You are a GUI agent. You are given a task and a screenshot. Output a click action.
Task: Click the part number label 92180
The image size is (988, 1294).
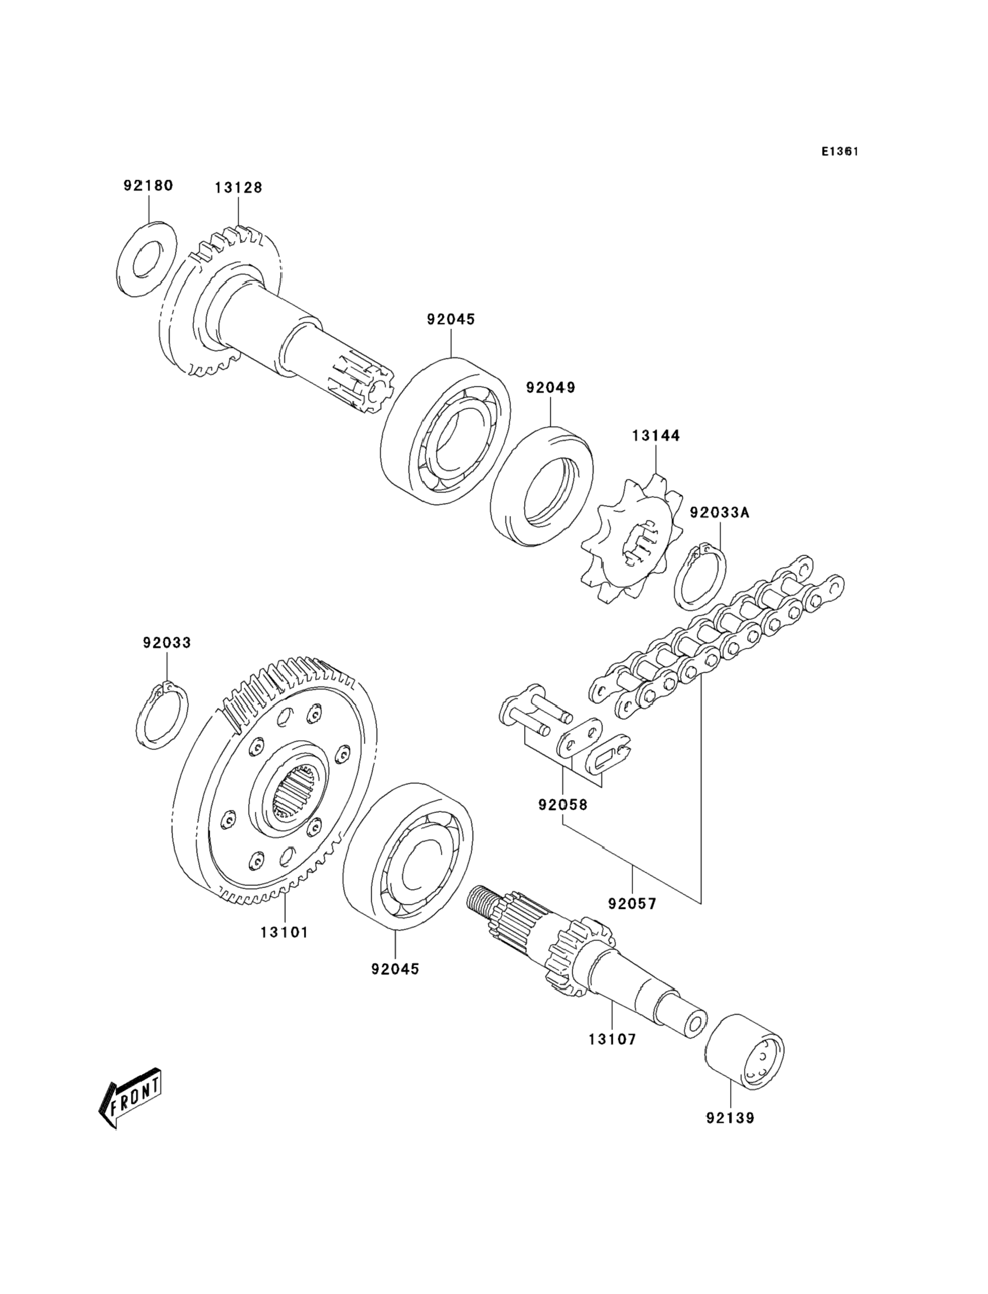click(x=148, y=186)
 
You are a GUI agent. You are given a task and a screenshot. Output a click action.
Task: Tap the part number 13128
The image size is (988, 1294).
click(x=238, y=187)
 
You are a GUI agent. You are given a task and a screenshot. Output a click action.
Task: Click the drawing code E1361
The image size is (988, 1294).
click(x=840, y=151)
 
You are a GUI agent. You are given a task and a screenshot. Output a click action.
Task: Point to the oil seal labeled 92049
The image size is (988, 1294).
click(x=542, y=486)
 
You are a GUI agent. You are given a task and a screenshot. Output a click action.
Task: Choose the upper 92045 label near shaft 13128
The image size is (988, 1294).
click(x=451, y=320)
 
